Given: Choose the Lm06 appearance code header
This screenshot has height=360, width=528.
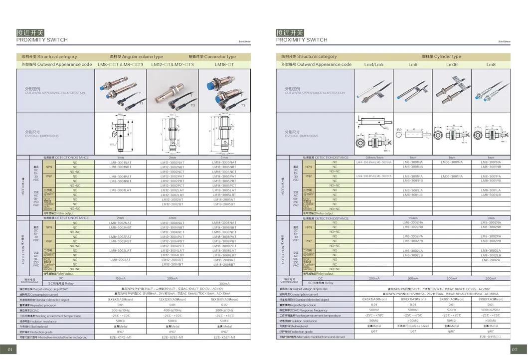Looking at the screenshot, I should [x=452, y=64].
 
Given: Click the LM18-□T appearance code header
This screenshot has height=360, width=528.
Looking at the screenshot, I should [x=224, y=64].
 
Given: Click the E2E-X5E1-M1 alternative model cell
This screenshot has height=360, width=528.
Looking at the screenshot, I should [x=224, y=337].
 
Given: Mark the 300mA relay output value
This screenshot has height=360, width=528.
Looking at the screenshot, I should [x=224, y=283].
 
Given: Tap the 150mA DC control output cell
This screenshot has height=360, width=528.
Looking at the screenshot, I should [x=120, y=278].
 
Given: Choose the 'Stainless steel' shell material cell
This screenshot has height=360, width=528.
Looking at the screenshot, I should [x=412, y=326].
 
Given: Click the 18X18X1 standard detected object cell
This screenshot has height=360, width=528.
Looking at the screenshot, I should [x=224, y=299].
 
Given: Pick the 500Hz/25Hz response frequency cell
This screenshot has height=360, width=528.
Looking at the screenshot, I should [x=491, y=310].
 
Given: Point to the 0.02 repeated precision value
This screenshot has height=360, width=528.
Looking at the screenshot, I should [x=224, y=305].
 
